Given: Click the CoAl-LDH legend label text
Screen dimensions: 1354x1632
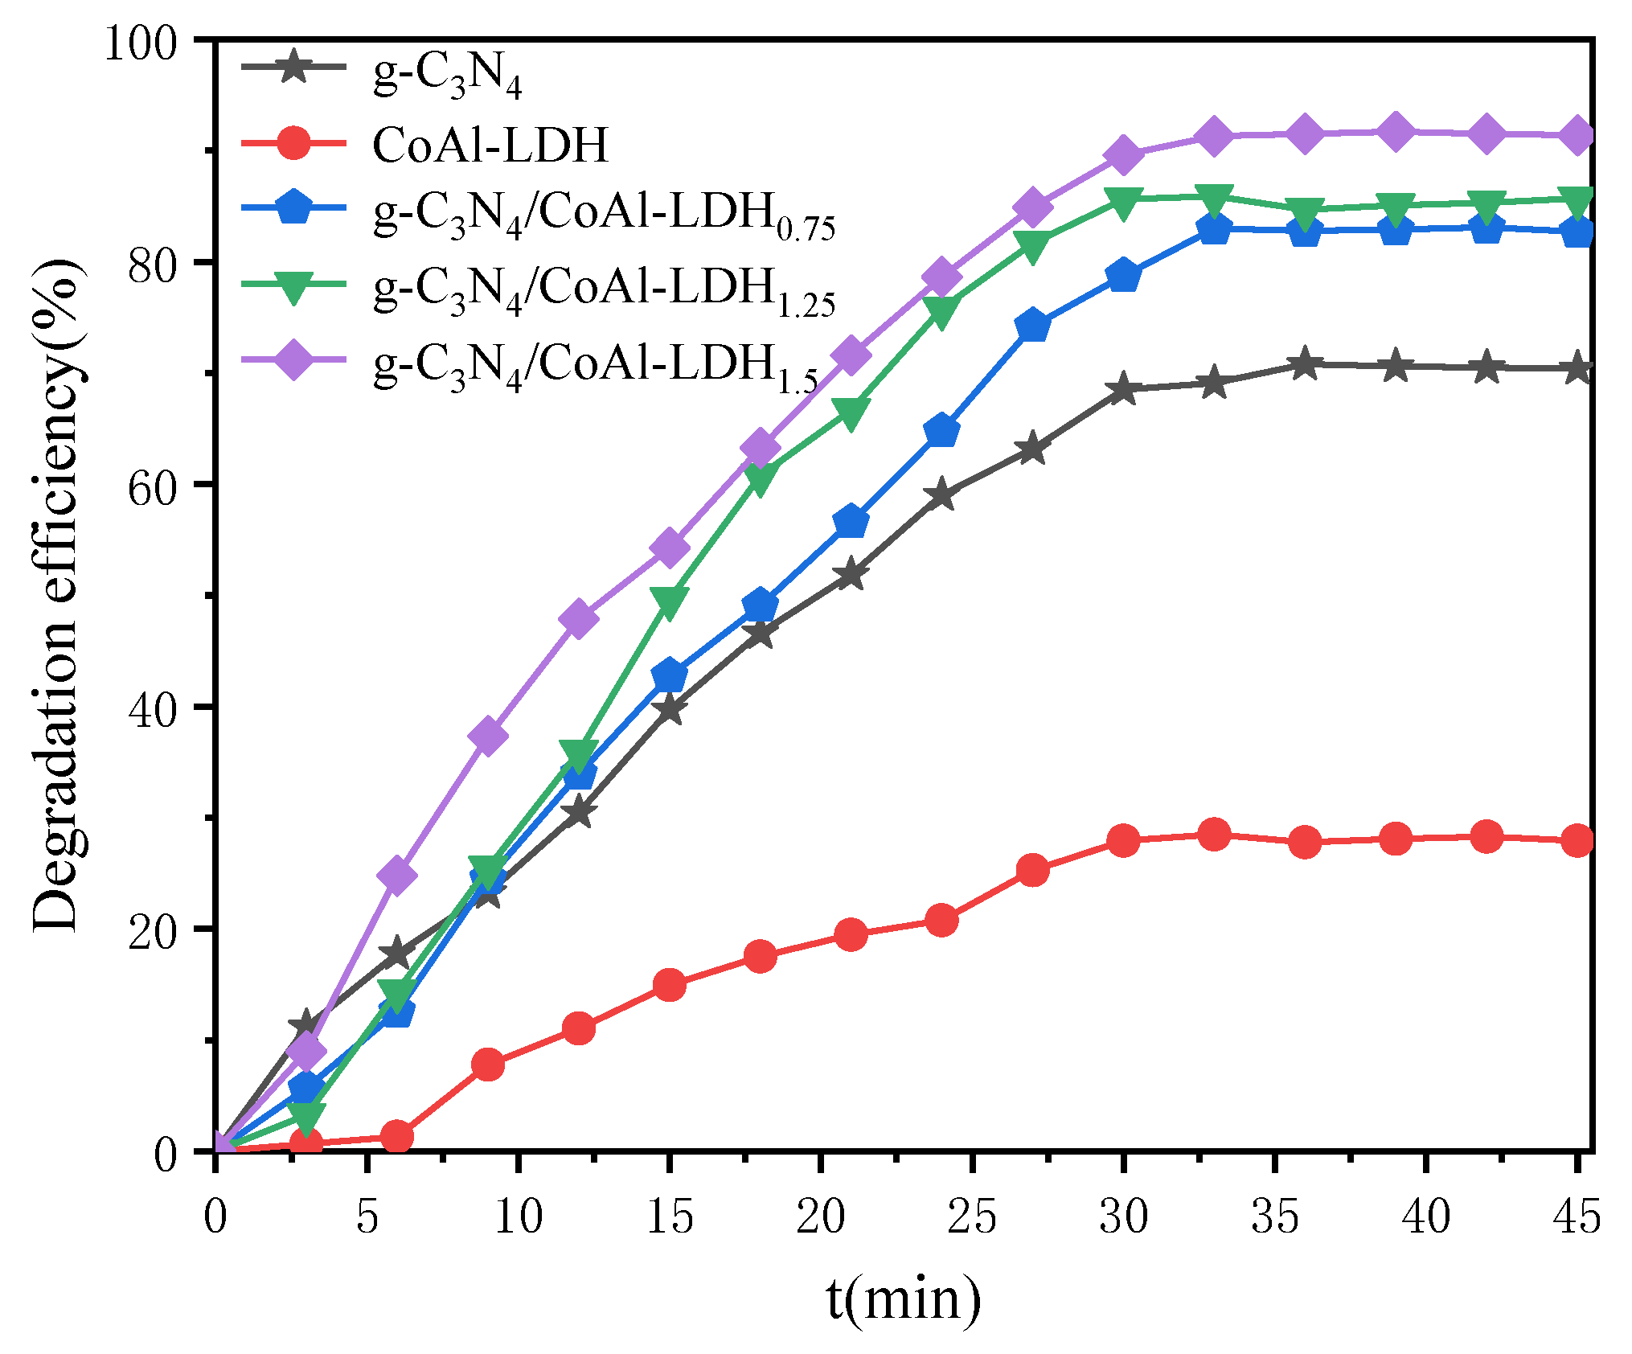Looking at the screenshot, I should point(490,146).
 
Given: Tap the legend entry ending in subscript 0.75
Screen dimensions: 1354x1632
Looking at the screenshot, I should point(604,215).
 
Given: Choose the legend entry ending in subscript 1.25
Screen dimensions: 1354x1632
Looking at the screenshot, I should point(604,290).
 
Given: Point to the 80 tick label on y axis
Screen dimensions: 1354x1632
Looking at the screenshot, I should point(153,263).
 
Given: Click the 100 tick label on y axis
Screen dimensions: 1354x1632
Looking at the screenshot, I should point(141,42).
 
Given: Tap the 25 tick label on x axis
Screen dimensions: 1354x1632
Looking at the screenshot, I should point(972,1216).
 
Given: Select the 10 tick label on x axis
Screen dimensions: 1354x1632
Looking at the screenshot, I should point(519,1216).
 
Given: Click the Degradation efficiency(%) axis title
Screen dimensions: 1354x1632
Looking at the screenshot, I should point(56,595).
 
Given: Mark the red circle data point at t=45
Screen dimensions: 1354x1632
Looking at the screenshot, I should point(1577,841).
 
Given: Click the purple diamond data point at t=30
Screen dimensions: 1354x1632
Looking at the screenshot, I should point(1123,155).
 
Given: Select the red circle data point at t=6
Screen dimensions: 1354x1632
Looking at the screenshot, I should point(396,1137).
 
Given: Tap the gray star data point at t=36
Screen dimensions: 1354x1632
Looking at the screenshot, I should point(1305,364).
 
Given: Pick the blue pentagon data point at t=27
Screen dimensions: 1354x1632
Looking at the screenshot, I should point(1032,326).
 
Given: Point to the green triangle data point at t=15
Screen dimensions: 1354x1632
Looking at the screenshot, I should point(669,601).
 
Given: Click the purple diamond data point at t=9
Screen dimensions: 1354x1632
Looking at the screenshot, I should point(488,736).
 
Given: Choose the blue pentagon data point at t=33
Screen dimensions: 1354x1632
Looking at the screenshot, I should point(1214,230).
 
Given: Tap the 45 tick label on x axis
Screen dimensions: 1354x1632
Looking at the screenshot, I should point(1577,1216).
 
